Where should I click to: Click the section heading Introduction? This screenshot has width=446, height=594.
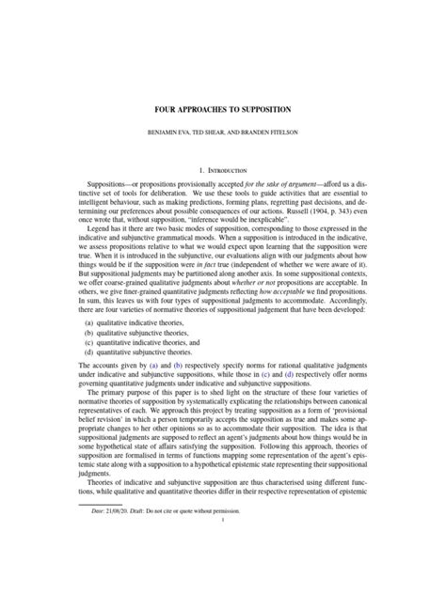(230, 170)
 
